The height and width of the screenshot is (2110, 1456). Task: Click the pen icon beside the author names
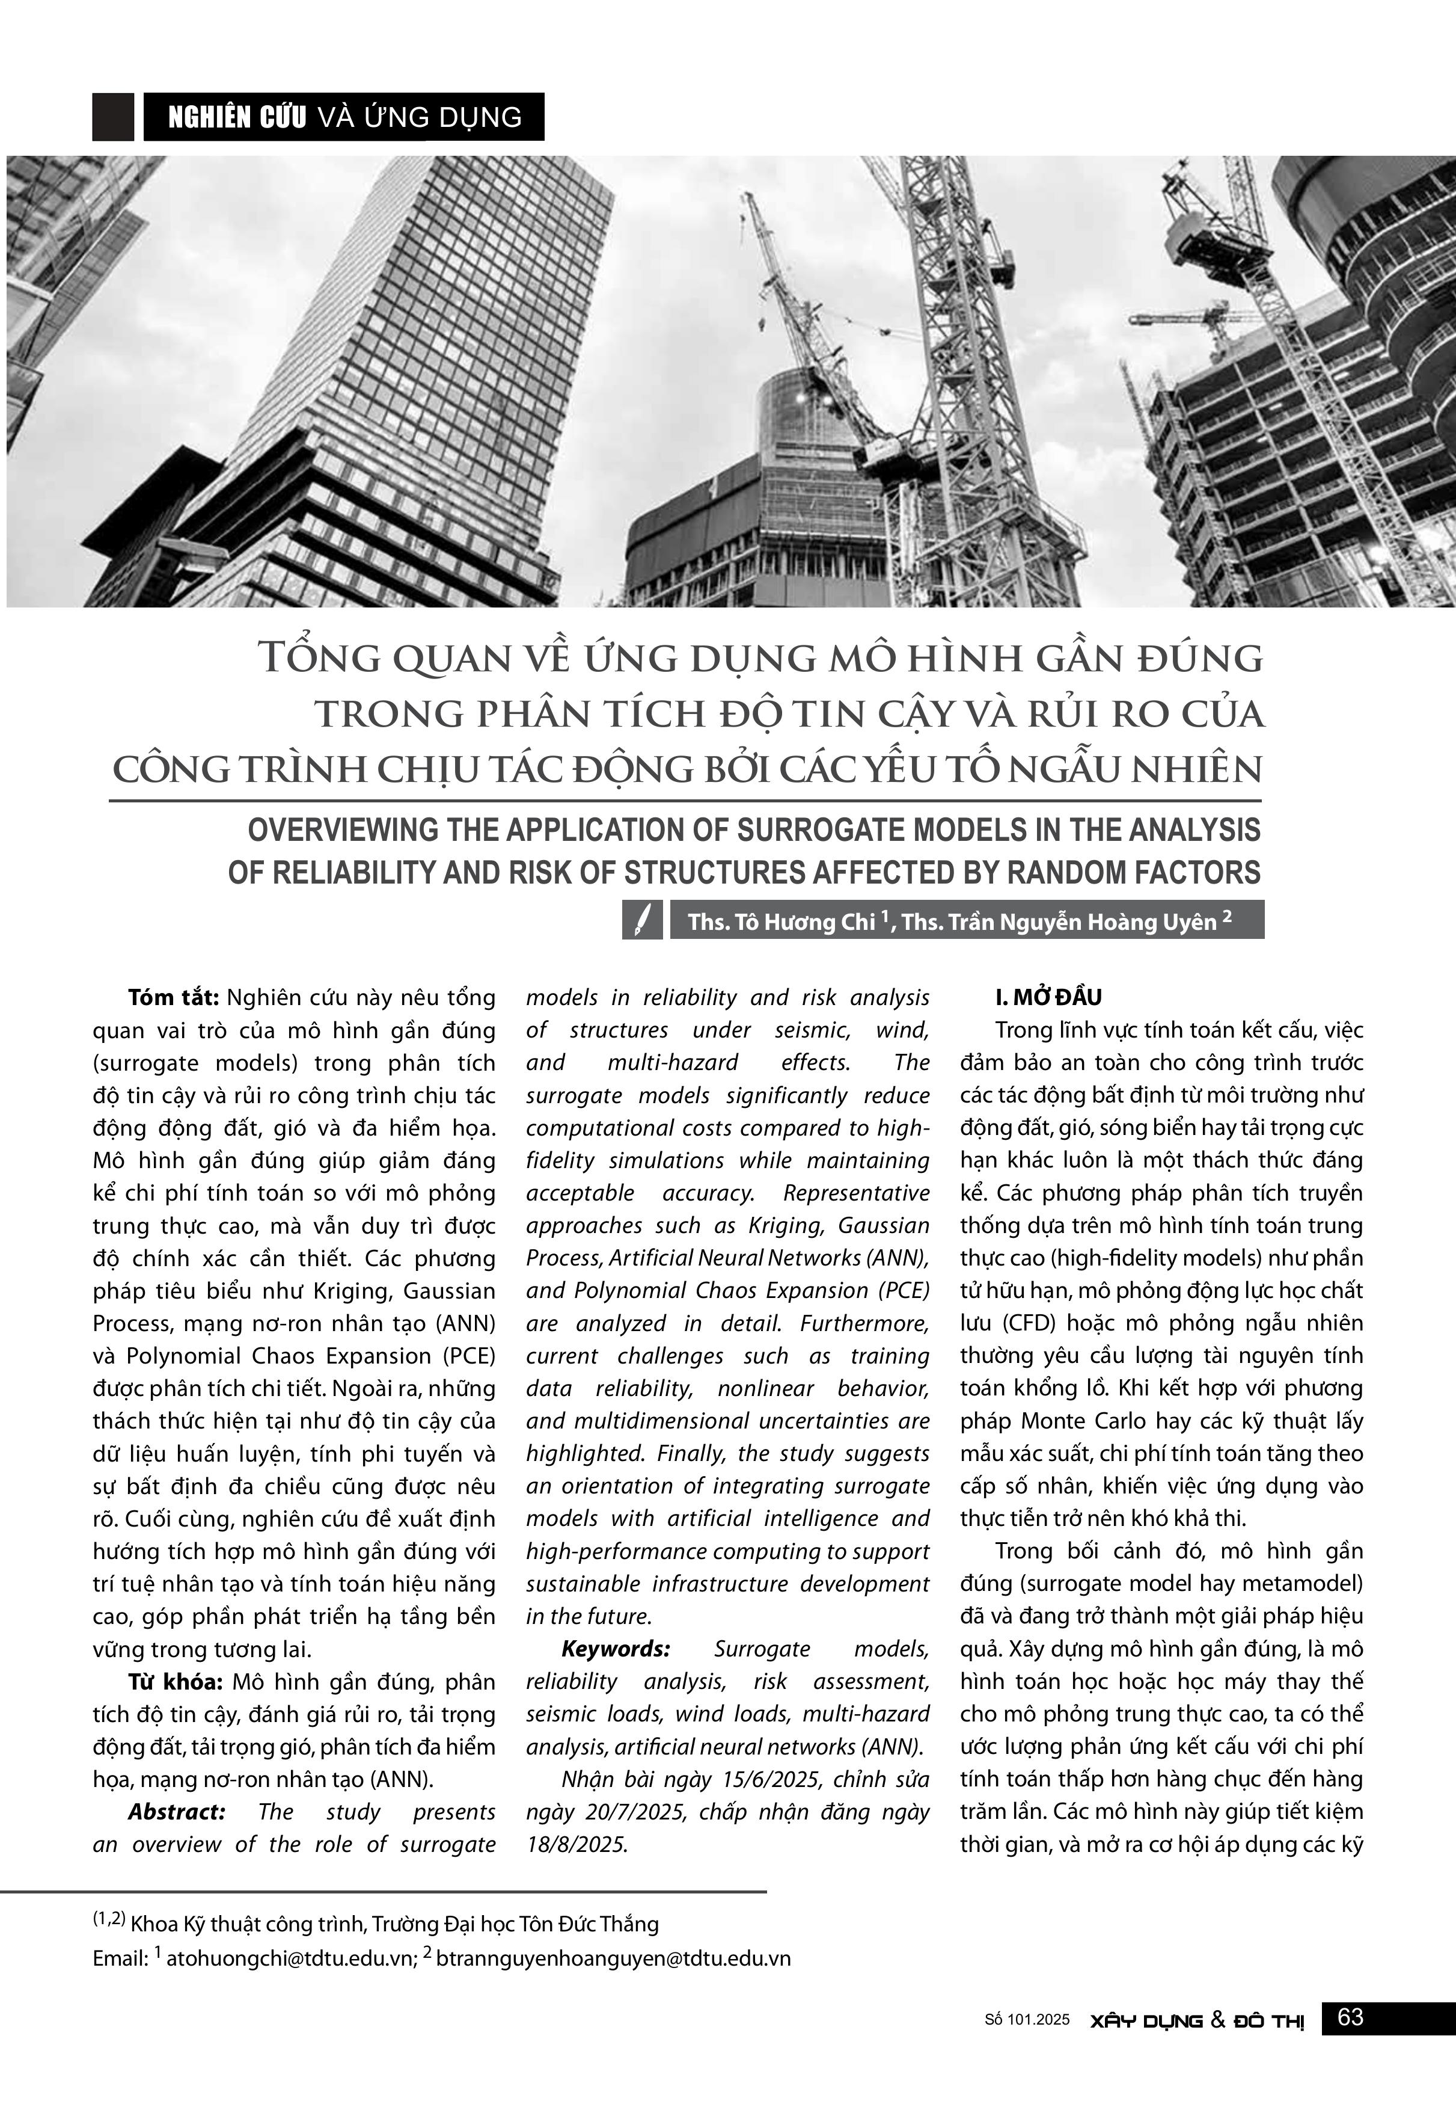pos(642,920)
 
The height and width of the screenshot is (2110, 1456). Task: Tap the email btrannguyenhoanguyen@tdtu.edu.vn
pos(613,1958)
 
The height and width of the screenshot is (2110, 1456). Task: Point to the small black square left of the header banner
pos(113,117)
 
